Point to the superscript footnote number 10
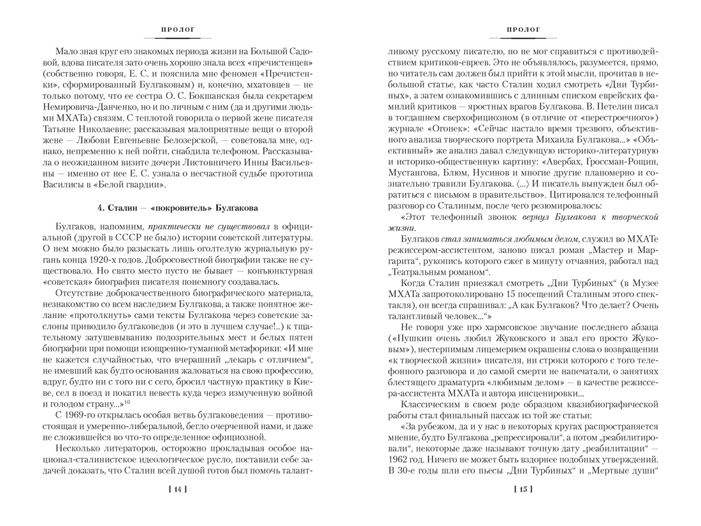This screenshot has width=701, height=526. point(127,402)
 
